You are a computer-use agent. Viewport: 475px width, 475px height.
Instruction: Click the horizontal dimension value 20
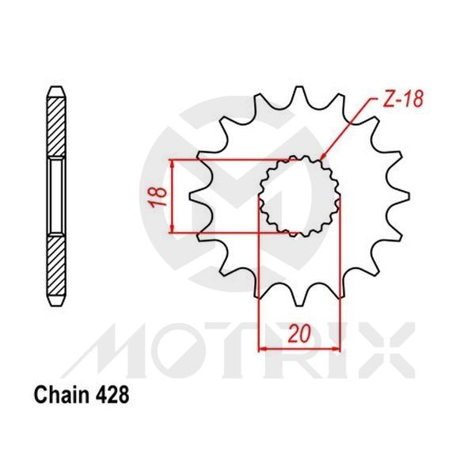click(x=298, y=333)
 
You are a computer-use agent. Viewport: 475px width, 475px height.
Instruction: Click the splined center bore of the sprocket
click(x=300, y=195)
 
